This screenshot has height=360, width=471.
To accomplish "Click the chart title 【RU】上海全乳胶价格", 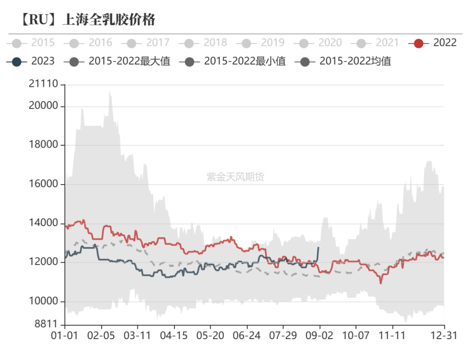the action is pyautogui.click(x=88, y=20).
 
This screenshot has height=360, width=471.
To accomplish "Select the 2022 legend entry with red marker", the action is pyautogui.click(x=433, y=43).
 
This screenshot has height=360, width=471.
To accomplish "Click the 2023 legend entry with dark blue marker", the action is pyautogui.click(x=31, y=61).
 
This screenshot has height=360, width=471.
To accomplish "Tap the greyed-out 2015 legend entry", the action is pyautogui.click(x=31, y=43).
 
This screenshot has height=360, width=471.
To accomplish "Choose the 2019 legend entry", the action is pyautogui.click(x=260, y=43).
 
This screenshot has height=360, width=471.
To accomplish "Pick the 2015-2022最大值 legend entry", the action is pyautogui.click(x=117, y=61).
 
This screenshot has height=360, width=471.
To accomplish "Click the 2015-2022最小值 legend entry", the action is pyautogui.click(x=232, y=61).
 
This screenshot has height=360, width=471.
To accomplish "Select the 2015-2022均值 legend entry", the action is pyautogui.click(x=343, y=61).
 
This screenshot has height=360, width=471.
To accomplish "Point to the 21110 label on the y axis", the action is pyautogui.click(x=44, y=84).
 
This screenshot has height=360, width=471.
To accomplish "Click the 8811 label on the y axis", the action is pyautogui.click(x=46, y=324).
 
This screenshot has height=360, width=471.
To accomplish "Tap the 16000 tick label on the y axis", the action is pyautogui.click(x=44, y=184).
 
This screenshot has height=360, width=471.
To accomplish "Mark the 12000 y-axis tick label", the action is pyautogui.click(x=44, y=262).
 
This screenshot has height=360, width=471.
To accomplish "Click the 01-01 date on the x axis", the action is pyautogui.click(x=65, y=336).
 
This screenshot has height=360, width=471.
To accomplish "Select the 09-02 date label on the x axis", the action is pyautogui.click(x=319, y=336).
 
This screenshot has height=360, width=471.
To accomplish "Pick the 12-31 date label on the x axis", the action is pyautogui.click(x=444, y=336).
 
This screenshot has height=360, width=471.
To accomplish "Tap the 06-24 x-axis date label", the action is pyautogui.click(x=246, y=336).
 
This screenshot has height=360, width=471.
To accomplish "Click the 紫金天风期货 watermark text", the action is pyautogui.click(x=235, y=177).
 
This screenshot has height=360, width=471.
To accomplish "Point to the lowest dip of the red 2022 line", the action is pyautogui.click(x=381, y=283).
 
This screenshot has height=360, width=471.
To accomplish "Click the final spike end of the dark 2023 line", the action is pyautogui.click(x=318, y=247).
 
